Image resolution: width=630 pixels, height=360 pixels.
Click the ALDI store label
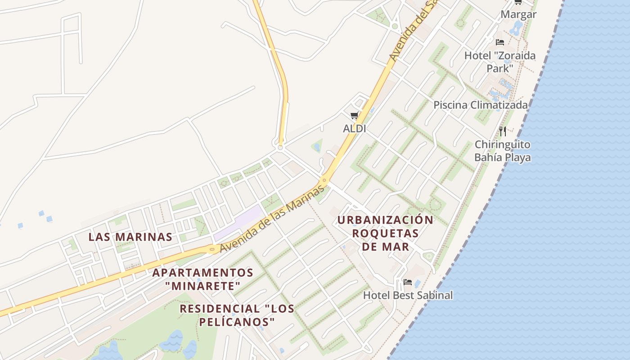pyautogui.click(x=354, y=129)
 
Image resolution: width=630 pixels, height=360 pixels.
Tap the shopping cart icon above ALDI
pyautogui.click(x=355, y=116)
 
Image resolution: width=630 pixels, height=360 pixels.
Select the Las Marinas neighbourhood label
pyautogui.click(x=130, y=237)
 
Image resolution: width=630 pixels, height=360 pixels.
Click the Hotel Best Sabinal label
pyautogui.click(x=408, y=295)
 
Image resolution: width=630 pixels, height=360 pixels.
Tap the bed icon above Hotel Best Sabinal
pyautogui.click(x=408, y=282)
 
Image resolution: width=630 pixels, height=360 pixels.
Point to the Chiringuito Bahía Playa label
pyautogui.click(x=502, y=151)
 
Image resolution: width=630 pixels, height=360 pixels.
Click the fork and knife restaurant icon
pyautogui.click(x=503, y=131)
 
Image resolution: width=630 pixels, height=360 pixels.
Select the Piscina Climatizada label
pyautogui.click(x=480, y=105)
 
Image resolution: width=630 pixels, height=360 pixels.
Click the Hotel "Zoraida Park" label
pyautogui.click(x=500, y=62)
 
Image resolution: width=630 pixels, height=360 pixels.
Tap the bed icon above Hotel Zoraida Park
pyautogui.click(x=500, y=42)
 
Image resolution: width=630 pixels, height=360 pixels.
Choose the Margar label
pyautogui.click(x=518, y=14)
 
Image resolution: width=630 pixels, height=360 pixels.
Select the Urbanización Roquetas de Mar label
pyautogui.click(x=386, y=233)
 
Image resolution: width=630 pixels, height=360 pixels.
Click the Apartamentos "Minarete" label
pyautogui.click(x=202, y=279)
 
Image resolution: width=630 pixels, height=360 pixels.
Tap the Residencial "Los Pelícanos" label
pyautogui.click(x=237, y=315)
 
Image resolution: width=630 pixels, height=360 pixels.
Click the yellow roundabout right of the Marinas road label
pyautogui.click(x=324, y=181)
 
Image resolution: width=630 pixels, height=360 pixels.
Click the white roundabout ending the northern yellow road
pyautogui.click(x=280, y=147)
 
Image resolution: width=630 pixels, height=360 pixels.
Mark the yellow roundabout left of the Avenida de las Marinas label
pyautogui.click(x=212, y=248)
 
